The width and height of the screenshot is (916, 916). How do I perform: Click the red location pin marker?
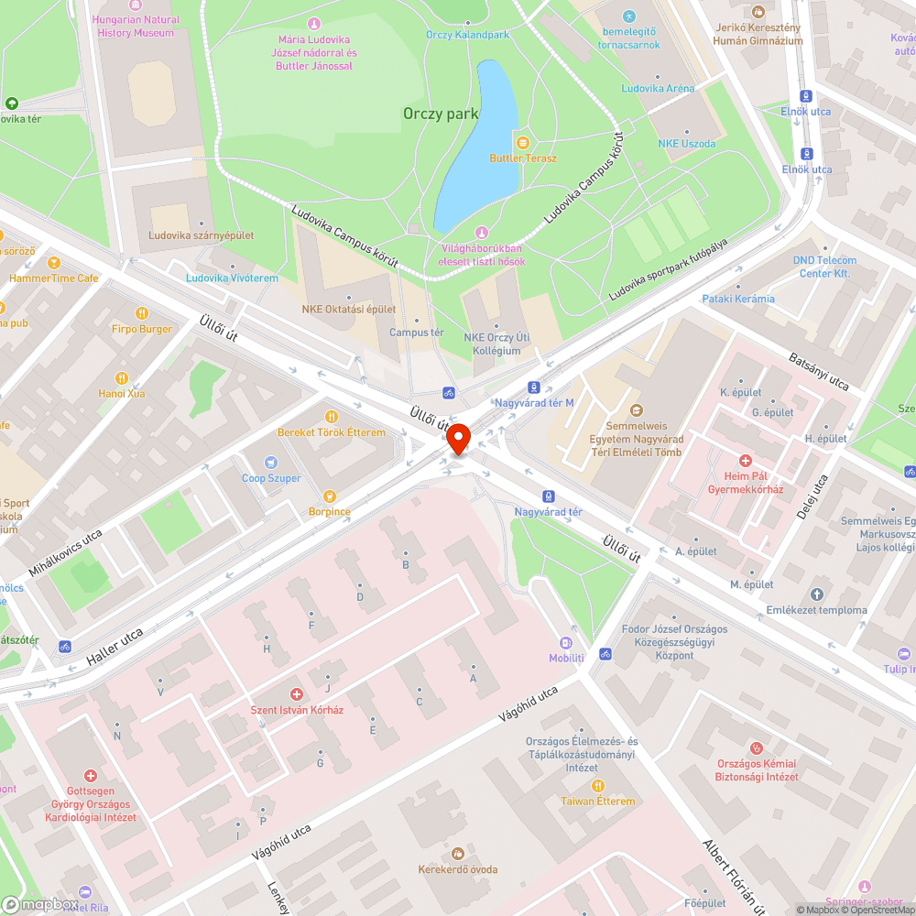(458, 439)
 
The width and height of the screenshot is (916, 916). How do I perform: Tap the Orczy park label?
(441, 114)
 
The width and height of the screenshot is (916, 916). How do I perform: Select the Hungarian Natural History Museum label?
(136, 27)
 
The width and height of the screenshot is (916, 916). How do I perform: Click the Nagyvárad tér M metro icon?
(534, 387)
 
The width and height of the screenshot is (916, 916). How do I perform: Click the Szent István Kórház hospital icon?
(296, 695)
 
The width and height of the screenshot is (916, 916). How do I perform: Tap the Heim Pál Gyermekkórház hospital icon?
(746, 461)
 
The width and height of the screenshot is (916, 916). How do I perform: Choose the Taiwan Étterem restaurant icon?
(597, 785)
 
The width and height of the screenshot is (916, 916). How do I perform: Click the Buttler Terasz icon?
(522, 142)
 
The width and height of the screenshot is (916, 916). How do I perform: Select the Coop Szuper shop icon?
(271, 463)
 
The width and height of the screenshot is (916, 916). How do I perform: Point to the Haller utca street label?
(114, 647)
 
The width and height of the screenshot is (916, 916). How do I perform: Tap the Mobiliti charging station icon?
(566, 643)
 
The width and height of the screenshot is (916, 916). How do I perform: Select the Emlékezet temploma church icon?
(817, 594)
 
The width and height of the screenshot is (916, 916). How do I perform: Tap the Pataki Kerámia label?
(737, 299)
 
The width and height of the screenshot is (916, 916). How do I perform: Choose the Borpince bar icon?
(329, 496)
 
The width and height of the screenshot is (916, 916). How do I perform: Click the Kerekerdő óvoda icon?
(458, 853)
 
